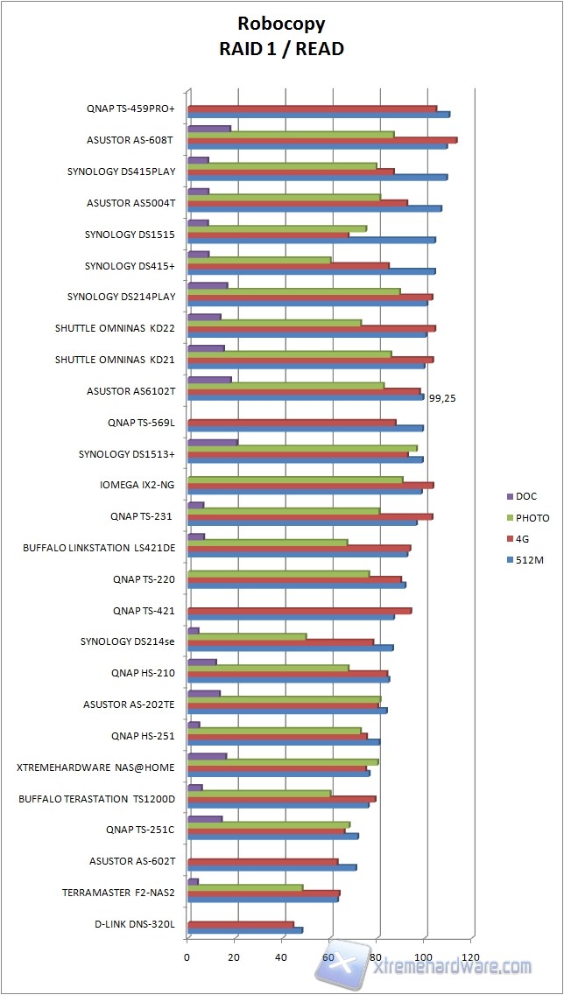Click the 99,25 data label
[441, 397]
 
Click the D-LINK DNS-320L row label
[135, 924]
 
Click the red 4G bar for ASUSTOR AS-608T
[322, 140]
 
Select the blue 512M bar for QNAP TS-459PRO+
[319, 115]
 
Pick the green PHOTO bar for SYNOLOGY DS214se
[247, 636]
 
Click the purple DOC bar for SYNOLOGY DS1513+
[213, 442]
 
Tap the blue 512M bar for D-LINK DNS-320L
[245, 930]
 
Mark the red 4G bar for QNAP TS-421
[300, 611]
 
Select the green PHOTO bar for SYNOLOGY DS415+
[259, 260]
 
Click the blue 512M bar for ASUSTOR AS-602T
[272, 867]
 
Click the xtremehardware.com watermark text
[452, 967]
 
